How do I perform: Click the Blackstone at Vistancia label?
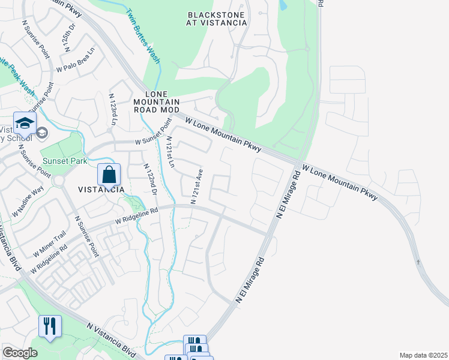coord(217,19)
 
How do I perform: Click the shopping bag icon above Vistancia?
coord(109,175)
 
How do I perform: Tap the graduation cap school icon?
coord(25,124)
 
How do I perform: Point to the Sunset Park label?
coord(65,161)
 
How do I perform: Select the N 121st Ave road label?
coord(196,186)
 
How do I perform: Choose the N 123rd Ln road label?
coord(112,109)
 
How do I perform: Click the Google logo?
coord(20,353)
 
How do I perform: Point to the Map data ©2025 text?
coord(423,355)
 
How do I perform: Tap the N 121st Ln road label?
coord(170,152)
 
